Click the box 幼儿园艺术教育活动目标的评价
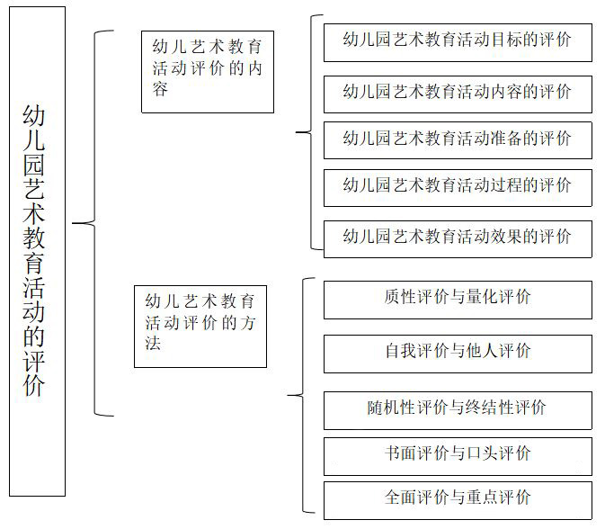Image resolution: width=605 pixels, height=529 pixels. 458,42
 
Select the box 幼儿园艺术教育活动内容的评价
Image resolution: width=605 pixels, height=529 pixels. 458,94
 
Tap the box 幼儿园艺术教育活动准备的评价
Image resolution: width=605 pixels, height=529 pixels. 458,140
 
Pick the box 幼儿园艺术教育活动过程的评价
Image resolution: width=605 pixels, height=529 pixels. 458,188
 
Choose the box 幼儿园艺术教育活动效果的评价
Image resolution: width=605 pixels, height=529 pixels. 458,239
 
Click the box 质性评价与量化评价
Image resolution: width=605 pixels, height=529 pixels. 458,300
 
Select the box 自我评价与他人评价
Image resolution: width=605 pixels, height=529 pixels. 458,354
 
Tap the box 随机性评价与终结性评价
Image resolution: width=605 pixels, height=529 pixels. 458,410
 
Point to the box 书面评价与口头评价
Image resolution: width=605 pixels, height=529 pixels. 458,456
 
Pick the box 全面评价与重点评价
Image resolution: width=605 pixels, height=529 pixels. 458,500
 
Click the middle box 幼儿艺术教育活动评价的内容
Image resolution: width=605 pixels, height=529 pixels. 208,72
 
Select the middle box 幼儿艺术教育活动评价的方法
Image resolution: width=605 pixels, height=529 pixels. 200,327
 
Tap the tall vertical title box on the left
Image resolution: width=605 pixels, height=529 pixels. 37,251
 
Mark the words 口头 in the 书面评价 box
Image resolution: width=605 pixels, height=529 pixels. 482,453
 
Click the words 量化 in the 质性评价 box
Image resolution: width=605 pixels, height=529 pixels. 482,297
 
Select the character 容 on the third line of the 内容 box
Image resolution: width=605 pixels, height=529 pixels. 160,89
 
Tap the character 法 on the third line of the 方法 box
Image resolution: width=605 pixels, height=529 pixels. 153,343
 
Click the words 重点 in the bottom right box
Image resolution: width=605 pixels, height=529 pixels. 482,498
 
